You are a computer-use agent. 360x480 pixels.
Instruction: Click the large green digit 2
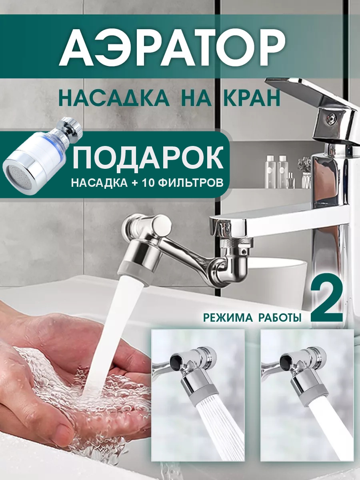click(326, 303)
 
